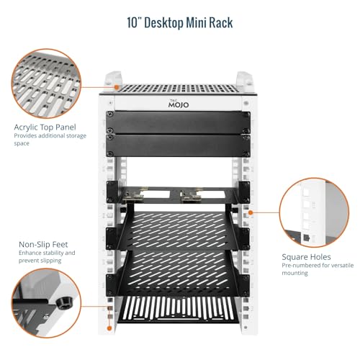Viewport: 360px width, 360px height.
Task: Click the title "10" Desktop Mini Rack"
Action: click(x=180, y=23)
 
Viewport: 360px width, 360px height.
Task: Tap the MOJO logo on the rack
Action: click(x=179, y=104)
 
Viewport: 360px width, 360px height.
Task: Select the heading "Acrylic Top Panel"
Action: click(x=45, y=127)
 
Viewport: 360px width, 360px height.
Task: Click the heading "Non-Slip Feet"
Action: click(x=43, y=244)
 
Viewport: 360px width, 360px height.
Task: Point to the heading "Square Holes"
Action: click(x=306, y=257)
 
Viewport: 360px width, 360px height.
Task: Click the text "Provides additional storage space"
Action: click(x=50, y=140)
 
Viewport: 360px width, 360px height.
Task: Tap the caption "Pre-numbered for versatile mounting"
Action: click(x=318, y=269)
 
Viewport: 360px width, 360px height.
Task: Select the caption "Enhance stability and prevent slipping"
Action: click(x=47, y=256)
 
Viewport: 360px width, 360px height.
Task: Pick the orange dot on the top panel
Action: click(x=117, y=87)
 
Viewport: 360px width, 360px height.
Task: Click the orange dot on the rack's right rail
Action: click(x=251, y=212)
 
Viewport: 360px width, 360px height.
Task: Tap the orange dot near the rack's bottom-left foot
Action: click(x=109, y=328)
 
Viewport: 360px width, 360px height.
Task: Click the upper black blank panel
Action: click(x=178, y=122)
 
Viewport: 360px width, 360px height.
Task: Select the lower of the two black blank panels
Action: click(x=178, y=145)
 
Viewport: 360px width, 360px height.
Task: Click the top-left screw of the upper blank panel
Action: click(x=110, y=114)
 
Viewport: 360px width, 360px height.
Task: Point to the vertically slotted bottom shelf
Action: click(x=178, y=310)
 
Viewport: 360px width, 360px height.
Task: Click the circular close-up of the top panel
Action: click(x=46, y=84)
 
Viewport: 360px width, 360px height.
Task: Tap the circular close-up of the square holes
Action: click(x=314, y=212)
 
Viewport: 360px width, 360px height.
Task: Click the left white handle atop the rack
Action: click(x=113, y=78)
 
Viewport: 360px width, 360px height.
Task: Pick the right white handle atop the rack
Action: click(x=245, y=78)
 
